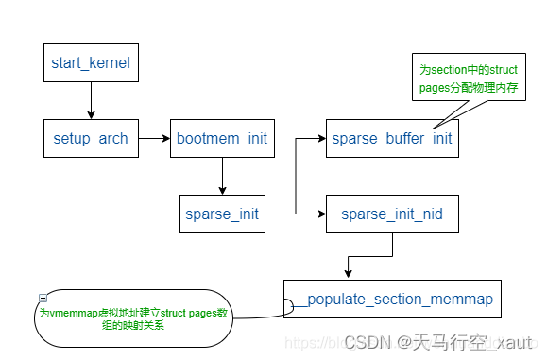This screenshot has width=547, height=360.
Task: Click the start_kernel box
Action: point(91,63)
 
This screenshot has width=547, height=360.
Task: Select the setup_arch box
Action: point(91,139)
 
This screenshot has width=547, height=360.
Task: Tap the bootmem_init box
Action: point(222,139)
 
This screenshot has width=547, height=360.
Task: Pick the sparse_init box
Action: point(222,214)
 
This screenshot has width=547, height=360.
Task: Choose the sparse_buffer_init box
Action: point(392,139)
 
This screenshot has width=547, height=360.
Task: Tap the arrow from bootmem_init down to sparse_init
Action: point(222,176)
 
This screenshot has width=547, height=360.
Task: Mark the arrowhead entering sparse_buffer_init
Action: point(321,139)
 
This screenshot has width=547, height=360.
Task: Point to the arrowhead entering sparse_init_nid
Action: point(321,214)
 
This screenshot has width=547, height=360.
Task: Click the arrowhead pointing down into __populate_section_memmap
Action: point(349,273)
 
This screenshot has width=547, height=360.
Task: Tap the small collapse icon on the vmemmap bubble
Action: point(43,298)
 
